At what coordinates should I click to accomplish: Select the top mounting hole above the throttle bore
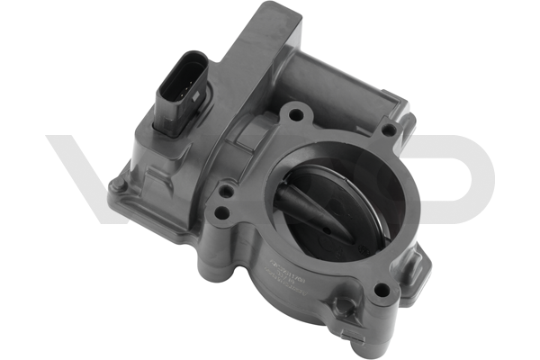[293, 114]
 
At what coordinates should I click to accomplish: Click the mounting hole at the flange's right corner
[388, 130]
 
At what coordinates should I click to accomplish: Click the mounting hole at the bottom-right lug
[382, 289]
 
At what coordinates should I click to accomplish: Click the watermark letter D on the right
[459, 175]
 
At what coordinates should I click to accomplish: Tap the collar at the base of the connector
[175, 121]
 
